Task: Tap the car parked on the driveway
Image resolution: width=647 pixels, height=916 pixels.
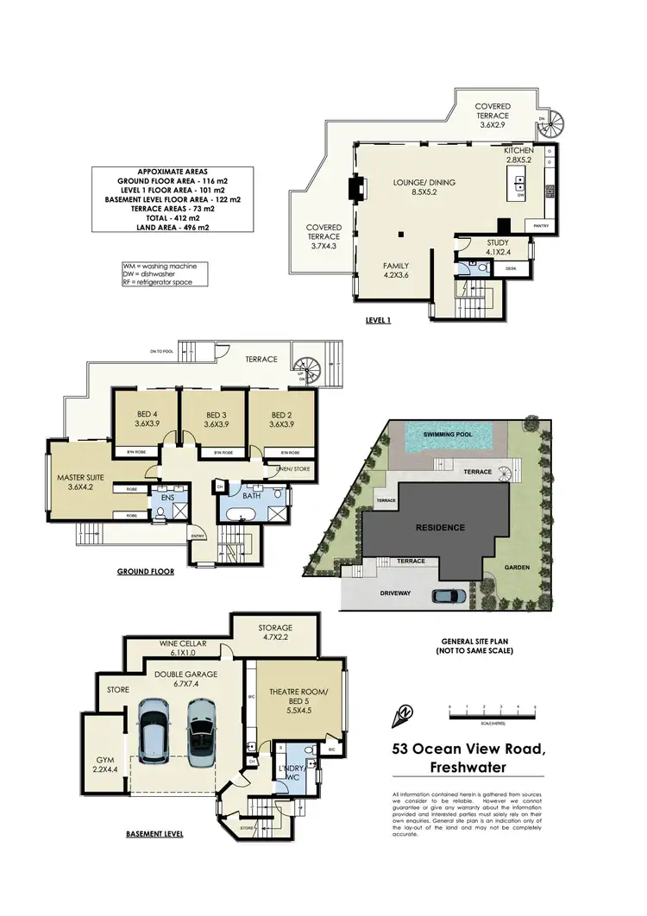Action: [x=450, y=595]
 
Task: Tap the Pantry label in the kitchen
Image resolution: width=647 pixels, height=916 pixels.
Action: [x=541, y=226]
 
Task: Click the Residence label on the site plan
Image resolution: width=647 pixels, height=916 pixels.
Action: [x=440, y=527]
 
